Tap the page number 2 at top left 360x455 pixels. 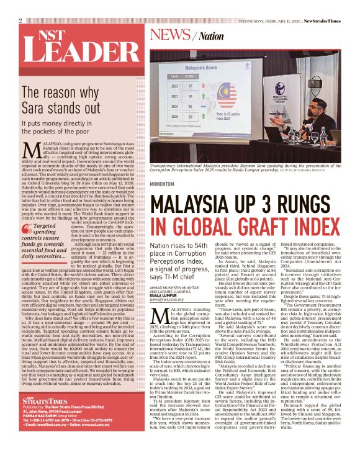(20, 20)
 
